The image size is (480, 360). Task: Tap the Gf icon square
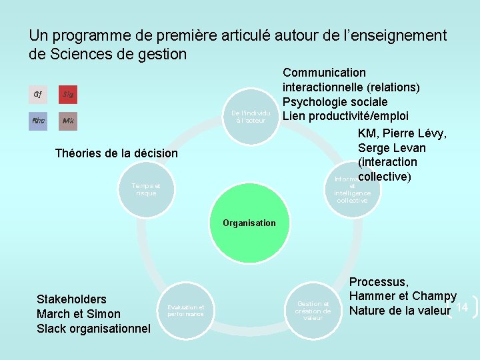[38, 95]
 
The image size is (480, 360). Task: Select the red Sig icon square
[68, 95]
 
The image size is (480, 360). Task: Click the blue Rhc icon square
[38, 121]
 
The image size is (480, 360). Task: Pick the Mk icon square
[68, 121]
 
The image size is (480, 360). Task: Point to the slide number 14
[463, 307]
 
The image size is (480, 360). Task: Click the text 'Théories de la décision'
[117, 153]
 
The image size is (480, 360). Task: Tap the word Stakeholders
[71, 299]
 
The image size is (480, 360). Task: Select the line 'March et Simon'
[79, 314]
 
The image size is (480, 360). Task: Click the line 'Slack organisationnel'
[94, 329]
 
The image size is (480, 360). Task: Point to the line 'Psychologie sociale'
[335, 102]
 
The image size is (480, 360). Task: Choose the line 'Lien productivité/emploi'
[345, 117]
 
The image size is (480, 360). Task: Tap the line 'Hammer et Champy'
[403, 296]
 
